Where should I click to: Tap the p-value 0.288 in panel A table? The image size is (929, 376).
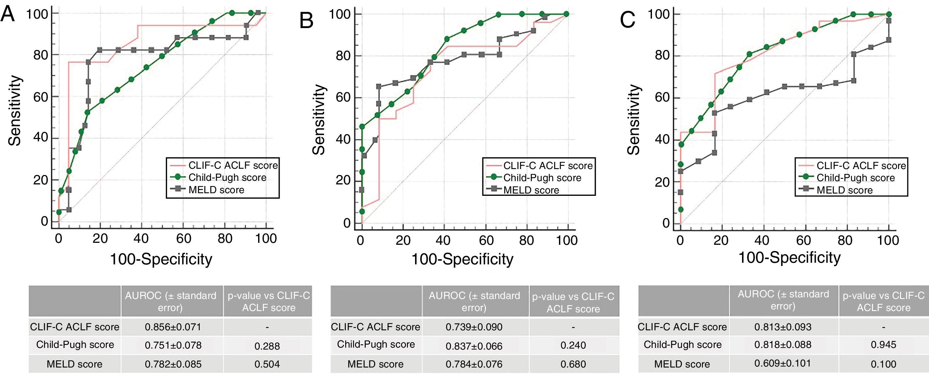pos(267,346)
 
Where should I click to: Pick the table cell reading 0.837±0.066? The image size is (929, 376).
pos(474,346)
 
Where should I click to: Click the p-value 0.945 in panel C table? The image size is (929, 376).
pos(883,345)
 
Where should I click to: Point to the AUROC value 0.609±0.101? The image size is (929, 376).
pos(782,363)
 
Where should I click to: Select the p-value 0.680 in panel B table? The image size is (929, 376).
pos(573,364)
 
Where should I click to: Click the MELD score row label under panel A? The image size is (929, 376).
pos(75,364)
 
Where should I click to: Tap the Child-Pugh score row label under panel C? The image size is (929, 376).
pos(682,345)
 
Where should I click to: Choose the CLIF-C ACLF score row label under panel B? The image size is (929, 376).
pos(376,327)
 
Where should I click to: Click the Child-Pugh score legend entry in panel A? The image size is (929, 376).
pos(227,178)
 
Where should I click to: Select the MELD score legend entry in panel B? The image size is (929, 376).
pos(531,190)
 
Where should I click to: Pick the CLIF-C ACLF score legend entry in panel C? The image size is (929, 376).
pos(861,165)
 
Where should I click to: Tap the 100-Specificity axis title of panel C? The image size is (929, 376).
pos(789,258)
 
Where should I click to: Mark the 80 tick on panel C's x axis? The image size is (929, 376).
pos(845,240)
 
